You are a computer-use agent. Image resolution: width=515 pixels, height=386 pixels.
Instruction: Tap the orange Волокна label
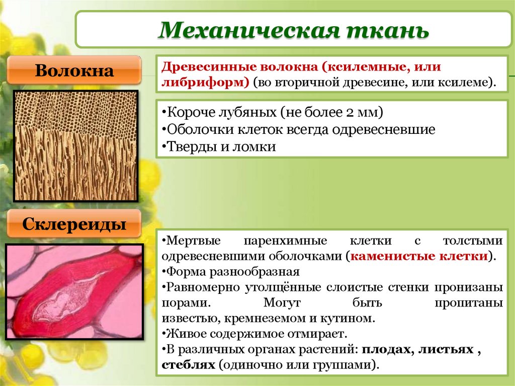pos(74,70)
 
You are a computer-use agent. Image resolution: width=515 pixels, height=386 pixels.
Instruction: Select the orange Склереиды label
pos(74,224)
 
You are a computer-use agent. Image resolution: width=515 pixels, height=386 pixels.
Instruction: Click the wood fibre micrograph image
pos(75,146)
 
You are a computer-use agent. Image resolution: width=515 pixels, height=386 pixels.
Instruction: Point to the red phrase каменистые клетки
pos(420,256)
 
